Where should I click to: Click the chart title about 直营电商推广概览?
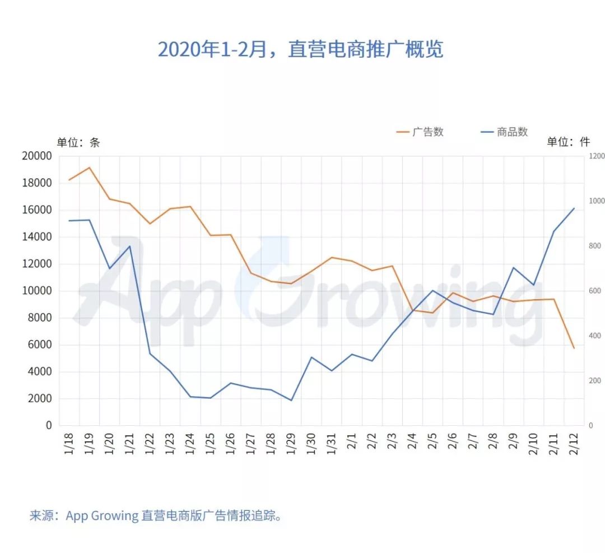coord(301,49)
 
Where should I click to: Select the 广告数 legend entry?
coord(420,132)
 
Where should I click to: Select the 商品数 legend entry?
coord(504,132)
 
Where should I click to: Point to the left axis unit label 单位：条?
coord(78,142)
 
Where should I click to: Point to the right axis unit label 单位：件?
coord(569,142)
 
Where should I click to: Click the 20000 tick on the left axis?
coord(37,156)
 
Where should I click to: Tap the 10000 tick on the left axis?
coord(37,291)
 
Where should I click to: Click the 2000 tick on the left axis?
coord(40,398)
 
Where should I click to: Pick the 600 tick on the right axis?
coord(594,291)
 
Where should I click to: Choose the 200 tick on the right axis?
coord(594,381)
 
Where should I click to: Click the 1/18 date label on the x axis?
coord(69,443)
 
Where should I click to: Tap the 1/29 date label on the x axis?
coord(291,443)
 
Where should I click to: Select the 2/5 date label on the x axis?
coord(432,441)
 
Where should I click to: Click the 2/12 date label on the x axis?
coord(574,443)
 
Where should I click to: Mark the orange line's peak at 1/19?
coord(90,168)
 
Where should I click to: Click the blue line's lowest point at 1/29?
coord(291,400)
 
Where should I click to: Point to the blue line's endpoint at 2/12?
coord(574,208)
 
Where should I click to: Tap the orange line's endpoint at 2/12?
coord(574,348)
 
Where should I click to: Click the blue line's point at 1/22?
coord(150,354)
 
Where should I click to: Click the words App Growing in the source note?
coord(103,516)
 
